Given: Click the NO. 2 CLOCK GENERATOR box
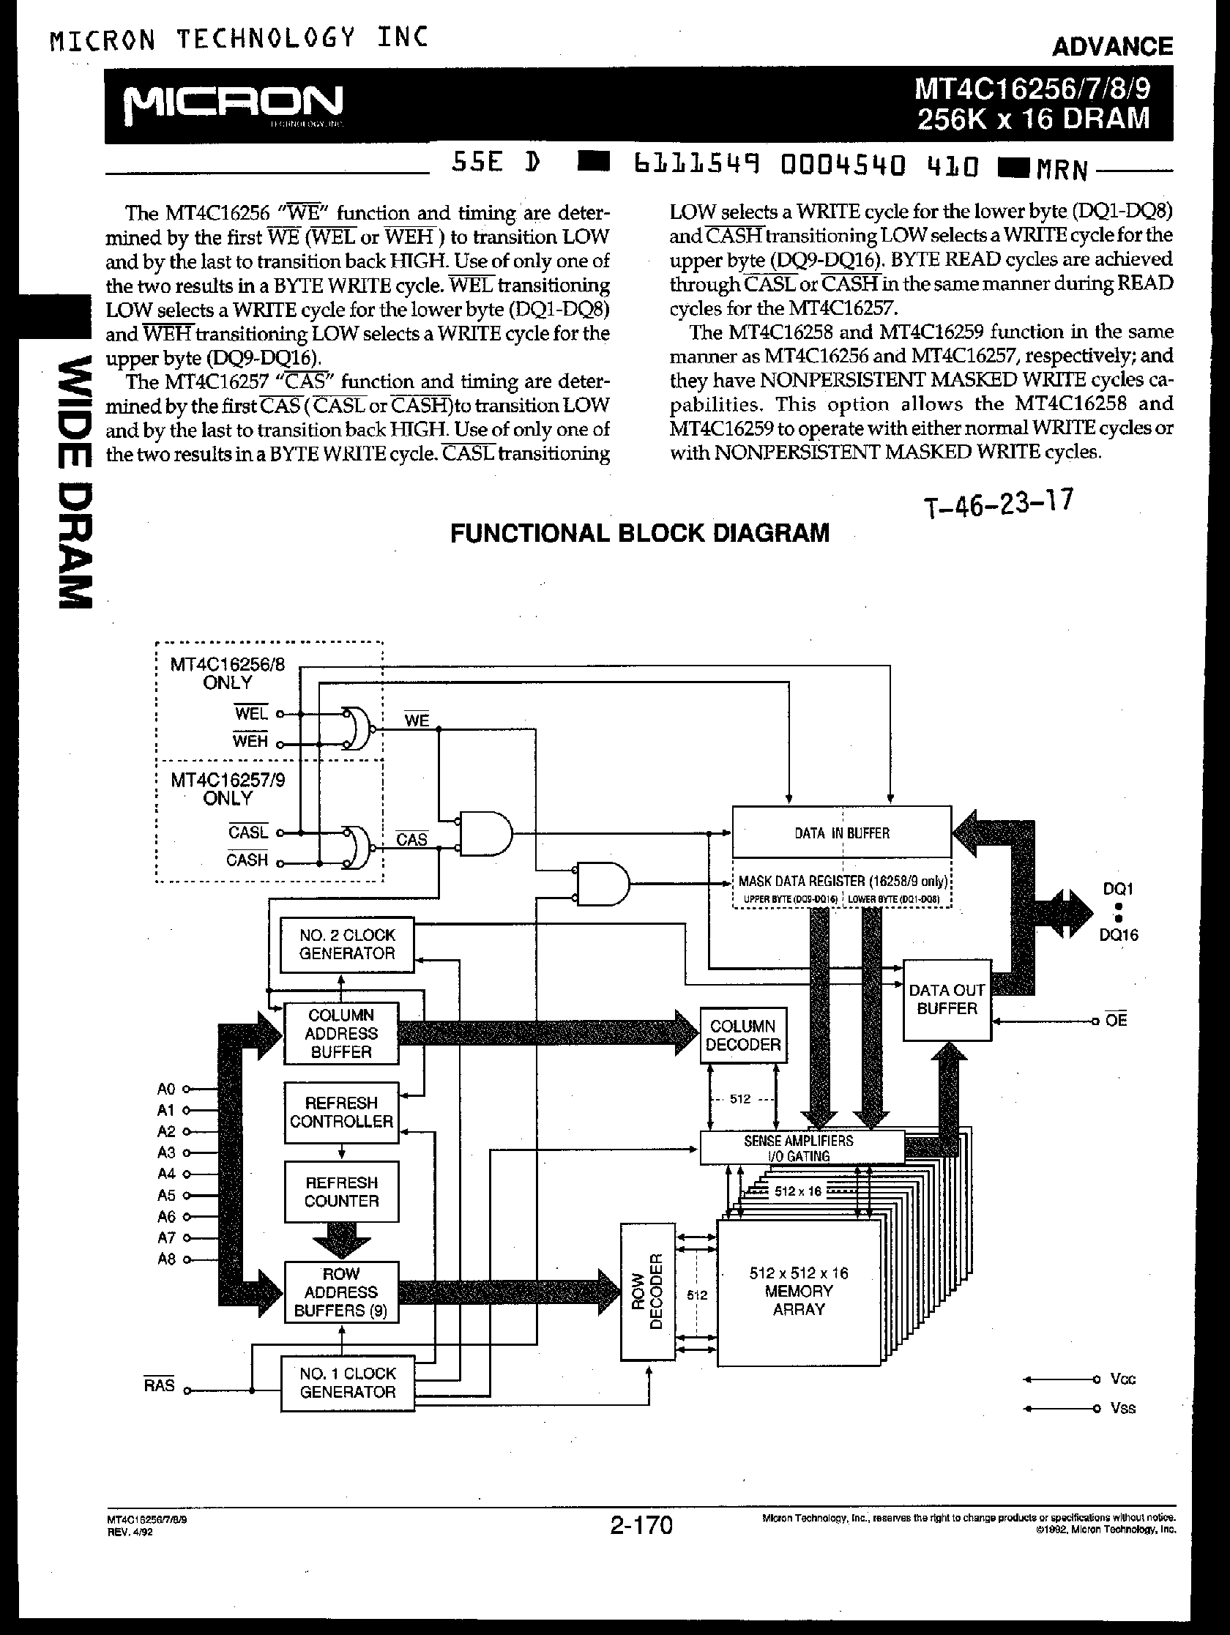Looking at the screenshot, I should [347, 945].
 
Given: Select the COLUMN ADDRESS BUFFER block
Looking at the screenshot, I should [340, 1033].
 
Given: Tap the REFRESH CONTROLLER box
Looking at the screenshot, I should [340, 1112].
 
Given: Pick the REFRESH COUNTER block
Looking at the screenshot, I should [340, 1192].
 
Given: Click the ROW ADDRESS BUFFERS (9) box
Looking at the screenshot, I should [340, 1292].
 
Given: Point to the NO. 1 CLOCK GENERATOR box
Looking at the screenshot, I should [348, 1382].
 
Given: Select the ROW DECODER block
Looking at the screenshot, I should [647, 1292].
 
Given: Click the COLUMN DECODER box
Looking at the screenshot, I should [743, 1035].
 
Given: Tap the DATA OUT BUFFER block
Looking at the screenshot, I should [947, 999].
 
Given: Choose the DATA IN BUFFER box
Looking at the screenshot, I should [841, 833].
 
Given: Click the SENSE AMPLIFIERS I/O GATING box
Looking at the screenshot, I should [800, 1148].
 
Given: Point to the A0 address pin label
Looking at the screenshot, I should [166, 1089].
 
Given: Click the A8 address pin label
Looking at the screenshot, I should [166, 1259].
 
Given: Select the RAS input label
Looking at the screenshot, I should [160, 1385].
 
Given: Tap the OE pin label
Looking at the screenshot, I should [1117, 1021].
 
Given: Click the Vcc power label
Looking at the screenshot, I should [1122, 1379].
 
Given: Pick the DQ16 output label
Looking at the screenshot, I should [1119, 935].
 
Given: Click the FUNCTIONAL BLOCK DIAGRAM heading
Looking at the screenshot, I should [639, 533].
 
